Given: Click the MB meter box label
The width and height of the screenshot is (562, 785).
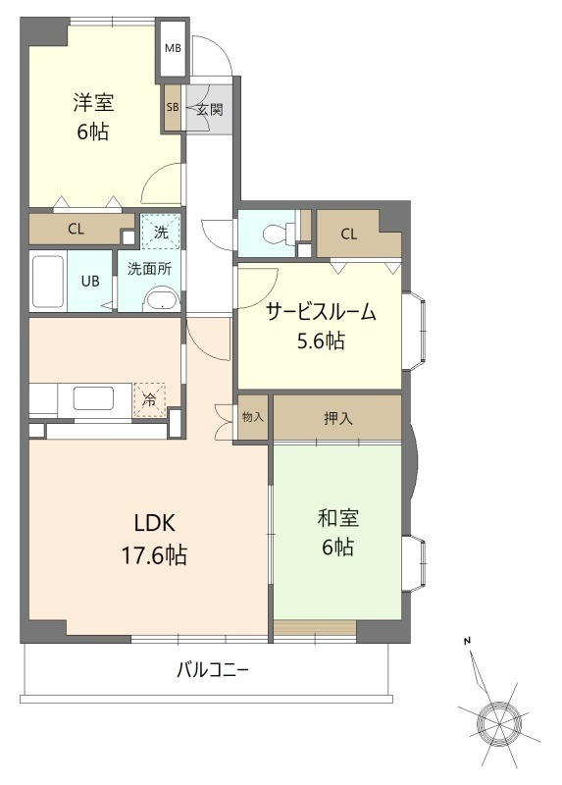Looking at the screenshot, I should [173, 48].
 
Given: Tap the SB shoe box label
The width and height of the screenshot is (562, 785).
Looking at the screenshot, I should [173, 109].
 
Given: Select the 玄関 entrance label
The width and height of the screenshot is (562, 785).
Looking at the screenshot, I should [208, 109].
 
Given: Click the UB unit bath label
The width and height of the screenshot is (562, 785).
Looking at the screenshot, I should [89, 281].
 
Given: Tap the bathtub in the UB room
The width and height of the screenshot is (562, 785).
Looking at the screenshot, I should [48, 283].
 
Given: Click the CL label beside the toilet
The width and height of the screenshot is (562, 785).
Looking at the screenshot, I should [348, 234].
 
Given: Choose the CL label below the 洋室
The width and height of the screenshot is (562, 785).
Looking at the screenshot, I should [76, 230].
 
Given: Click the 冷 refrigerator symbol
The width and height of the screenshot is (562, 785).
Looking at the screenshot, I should [149, 400].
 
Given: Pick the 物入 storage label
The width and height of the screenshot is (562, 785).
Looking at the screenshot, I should [252, 417].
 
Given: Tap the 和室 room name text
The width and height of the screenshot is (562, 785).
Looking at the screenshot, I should [336, 517].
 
